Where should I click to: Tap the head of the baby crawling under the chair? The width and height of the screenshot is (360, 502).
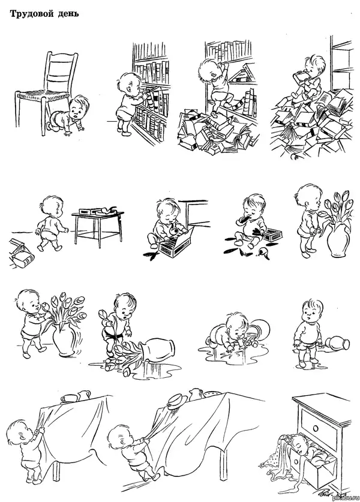tap(79, 107)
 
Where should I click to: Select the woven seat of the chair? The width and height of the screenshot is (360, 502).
tap(42, 94)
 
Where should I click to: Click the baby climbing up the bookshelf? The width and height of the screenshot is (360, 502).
tap(215, 83)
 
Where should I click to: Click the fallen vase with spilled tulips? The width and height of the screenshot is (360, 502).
tap(156, 350)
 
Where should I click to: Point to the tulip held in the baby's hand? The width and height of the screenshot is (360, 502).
tap(103, 317)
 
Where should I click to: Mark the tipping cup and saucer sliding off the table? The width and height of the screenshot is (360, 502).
tap(175, 400)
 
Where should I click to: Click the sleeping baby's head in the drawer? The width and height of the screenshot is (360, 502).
tap(301, 444)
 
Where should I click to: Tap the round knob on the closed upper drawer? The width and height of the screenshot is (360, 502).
tap(316, 428)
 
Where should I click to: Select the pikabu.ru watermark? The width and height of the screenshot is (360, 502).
tap(346, 498)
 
